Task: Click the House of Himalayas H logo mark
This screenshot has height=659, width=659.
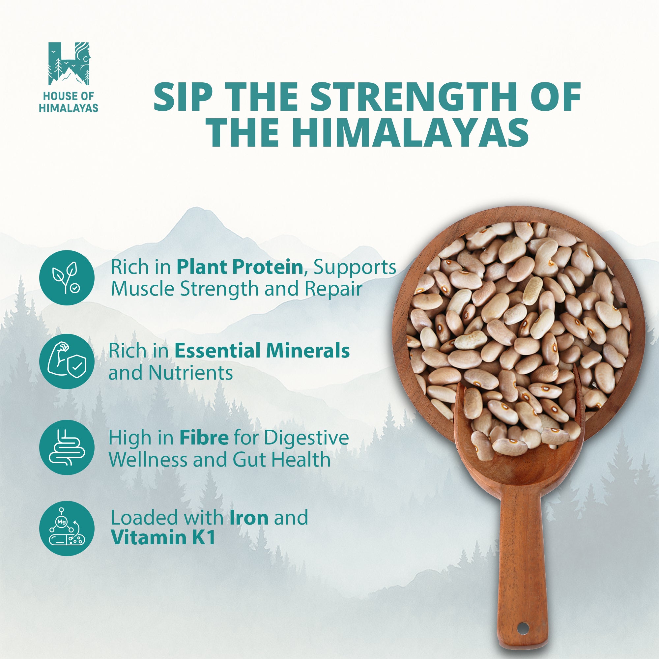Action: point(69,64)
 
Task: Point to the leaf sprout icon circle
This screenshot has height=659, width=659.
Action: point(67,278)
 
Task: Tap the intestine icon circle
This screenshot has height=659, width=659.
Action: point(67,447)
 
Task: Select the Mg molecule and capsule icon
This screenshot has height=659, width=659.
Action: point(67,529)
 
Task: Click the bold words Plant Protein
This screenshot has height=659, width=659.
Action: point(240,267)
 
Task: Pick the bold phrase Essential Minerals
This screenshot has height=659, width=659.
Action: point(262,351)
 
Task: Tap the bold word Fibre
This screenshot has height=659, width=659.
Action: point(204,438)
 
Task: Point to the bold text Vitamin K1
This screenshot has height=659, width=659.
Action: point(163,538)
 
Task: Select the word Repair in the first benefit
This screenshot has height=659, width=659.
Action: point(333,289)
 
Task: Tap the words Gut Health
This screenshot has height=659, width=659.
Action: point(282,460)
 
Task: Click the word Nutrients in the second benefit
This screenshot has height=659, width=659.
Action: point(191,373)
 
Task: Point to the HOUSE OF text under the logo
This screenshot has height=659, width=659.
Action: point(69,97)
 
